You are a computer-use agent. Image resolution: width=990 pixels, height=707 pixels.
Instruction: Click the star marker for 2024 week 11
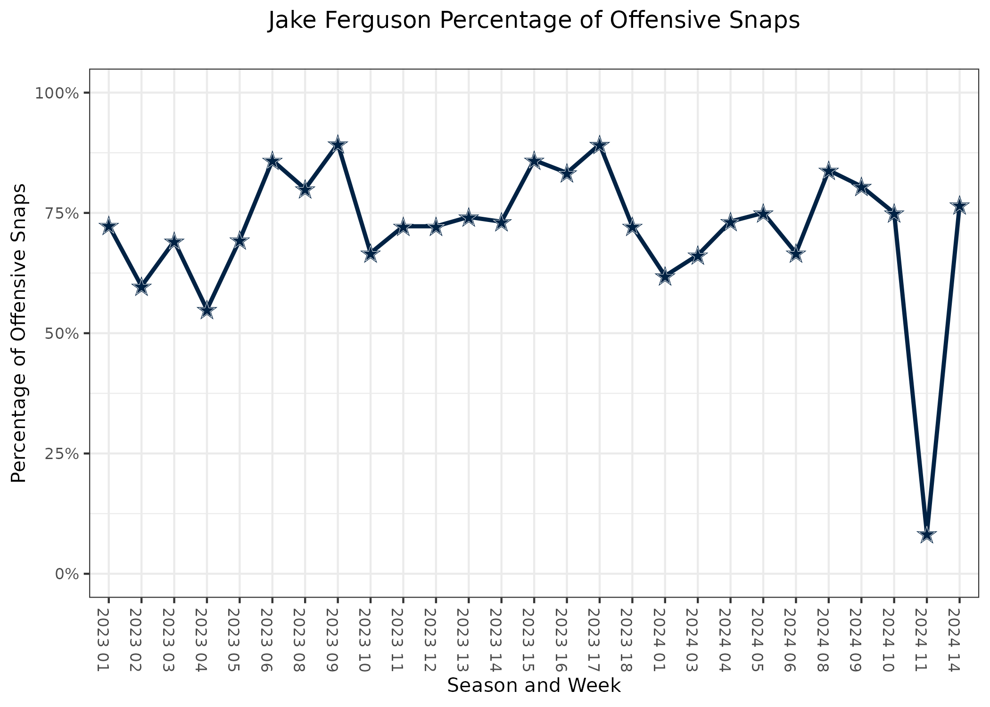pos(926,535)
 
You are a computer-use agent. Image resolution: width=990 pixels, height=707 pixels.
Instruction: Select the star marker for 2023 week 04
pos(206,311)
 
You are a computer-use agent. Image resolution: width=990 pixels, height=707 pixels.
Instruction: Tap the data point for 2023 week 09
pos(338,145)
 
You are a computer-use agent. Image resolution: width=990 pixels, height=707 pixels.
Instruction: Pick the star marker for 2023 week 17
pos(599,145)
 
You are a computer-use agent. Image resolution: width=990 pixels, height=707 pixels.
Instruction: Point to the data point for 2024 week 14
pos(959,206)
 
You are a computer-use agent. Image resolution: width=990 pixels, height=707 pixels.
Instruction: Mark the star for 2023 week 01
pos(108,226)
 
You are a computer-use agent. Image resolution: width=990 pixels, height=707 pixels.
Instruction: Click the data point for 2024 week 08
pos(828,171)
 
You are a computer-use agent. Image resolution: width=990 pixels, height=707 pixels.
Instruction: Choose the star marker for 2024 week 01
pos(665,277)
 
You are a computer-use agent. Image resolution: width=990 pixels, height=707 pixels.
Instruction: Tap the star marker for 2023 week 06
pos(272,161)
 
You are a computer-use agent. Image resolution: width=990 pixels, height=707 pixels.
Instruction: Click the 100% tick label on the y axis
pos(56,93)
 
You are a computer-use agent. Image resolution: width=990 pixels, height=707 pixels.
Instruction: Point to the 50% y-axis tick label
pos(59,333)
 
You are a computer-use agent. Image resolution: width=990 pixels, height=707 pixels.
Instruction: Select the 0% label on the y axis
pos(66,574)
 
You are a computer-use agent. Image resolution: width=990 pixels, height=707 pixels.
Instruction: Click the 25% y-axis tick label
pos(59,453)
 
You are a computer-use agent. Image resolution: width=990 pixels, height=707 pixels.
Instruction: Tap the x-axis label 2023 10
pos(371,639)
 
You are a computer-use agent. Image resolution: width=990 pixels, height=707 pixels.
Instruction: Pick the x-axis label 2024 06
pos(796,639)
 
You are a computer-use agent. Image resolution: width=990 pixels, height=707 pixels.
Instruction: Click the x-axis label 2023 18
pos(632,639)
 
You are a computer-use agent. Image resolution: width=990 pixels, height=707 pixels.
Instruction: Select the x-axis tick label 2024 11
pos(926,639)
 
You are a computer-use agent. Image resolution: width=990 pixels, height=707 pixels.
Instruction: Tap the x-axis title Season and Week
pos(534,685)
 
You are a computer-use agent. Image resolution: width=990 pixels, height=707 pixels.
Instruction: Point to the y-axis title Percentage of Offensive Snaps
pos(19,333)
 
